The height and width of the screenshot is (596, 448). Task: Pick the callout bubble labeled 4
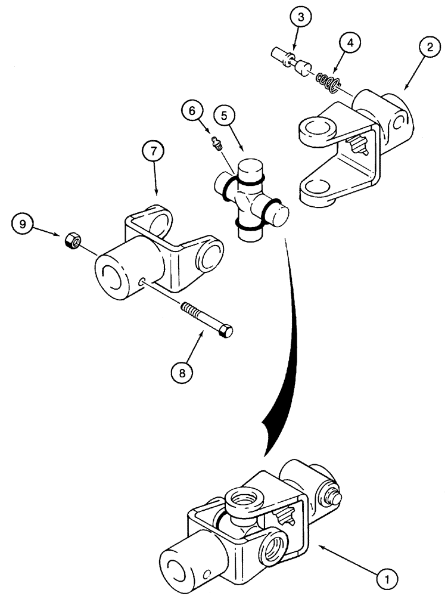tap(350, 44)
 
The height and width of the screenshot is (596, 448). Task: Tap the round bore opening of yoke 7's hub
tap(111, 275)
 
